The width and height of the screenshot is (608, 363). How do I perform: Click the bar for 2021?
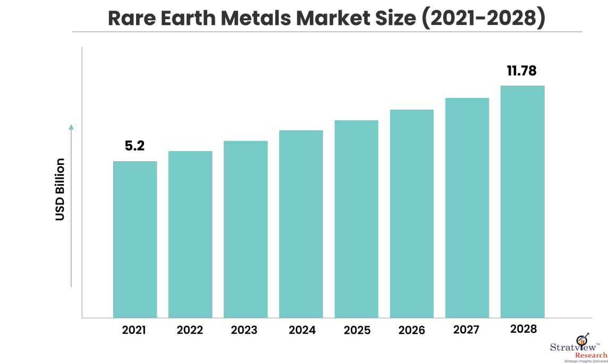[135, 240]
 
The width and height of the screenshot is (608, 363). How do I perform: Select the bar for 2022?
[190, 235]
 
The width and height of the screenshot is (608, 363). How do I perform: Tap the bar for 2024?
[301, 224]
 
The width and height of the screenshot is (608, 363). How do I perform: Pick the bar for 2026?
[412, 213]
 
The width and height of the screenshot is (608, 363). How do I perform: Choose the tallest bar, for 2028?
[522, 202]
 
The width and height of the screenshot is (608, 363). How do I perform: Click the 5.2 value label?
[134, 146]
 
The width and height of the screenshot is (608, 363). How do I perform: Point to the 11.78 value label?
[521, 71]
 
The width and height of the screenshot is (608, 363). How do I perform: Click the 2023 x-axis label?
[244, 330]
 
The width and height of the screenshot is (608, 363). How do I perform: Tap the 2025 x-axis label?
[357, 330]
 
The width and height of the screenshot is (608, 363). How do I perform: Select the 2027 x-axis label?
[467, 329]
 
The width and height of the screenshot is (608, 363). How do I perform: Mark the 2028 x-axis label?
[523, 329]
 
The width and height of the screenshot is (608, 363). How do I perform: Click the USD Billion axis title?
[60, 189]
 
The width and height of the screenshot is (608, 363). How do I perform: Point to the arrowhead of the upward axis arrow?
[71, 127]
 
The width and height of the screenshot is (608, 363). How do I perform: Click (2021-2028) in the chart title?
[484, 18]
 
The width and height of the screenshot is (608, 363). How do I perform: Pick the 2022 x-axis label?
[190, 330]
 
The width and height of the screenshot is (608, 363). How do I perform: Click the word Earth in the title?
[188, 18]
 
